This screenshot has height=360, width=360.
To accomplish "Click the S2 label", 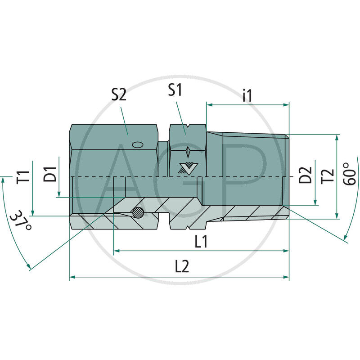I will (x=119, y=94).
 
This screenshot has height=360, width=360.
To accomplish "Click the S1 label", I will (x=175, y=90).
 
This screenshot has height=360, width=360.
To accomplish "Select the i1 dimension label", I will (x=247, y=95).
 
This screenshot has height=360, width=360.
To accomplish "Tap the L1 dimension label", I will (x=201, y=242).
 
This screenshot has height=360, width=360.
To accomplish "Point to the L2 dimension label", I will (x=181, y=267).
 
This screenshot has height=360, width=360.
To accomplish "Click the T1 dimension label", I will (x=23, y=176).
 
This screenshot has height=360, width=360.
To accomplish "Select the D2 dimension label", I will (x=306, y=175).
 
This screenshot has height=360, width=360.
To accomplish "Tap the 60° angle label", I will (x=349, y=174).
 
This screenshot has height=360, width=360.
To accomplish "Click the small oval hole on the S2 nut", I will (x=137, y=144).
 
